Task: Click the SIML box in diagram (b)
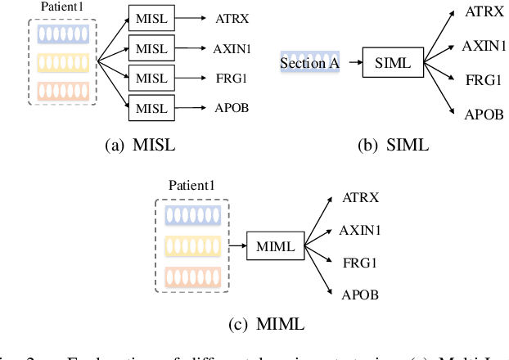[393, 63]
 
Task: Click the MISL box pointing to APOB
[151, 107]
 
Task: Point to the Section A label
[309, 62]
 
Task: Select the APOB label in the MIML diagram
[361, 295]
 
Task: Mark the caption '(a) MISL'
[140, 146]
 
